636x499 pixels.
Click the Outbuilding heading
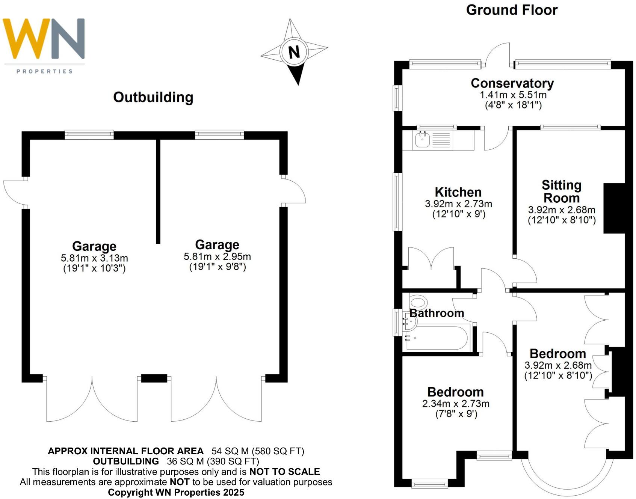pos(153,97)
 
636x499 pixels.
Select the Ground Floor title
pos(512,10)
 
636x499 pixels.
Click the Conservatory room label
pos(512,83)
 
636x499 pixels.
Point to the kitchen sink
pos(423,140)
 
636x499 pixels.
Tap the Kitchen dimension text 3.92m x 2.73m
pos(458,204)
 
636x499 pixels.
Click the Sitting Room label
pos(561,191)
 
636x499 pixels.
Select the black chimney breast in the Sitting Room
pos(614,208)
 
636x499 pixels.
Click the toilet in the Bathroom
pos(418,302)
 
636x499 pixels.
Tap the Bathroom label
pos(437,313)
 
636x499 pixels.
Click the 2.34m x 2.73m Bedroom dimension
pos(456,404)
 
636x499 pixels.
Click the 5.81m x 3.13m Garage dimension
pos(94,258)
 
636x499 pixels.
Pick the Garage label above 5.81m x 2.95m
pos(217,245)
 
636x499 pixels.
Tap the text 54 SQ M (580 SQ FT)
pos(258,451)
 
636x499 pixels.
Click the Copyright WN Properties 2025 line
pos(176,492)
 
